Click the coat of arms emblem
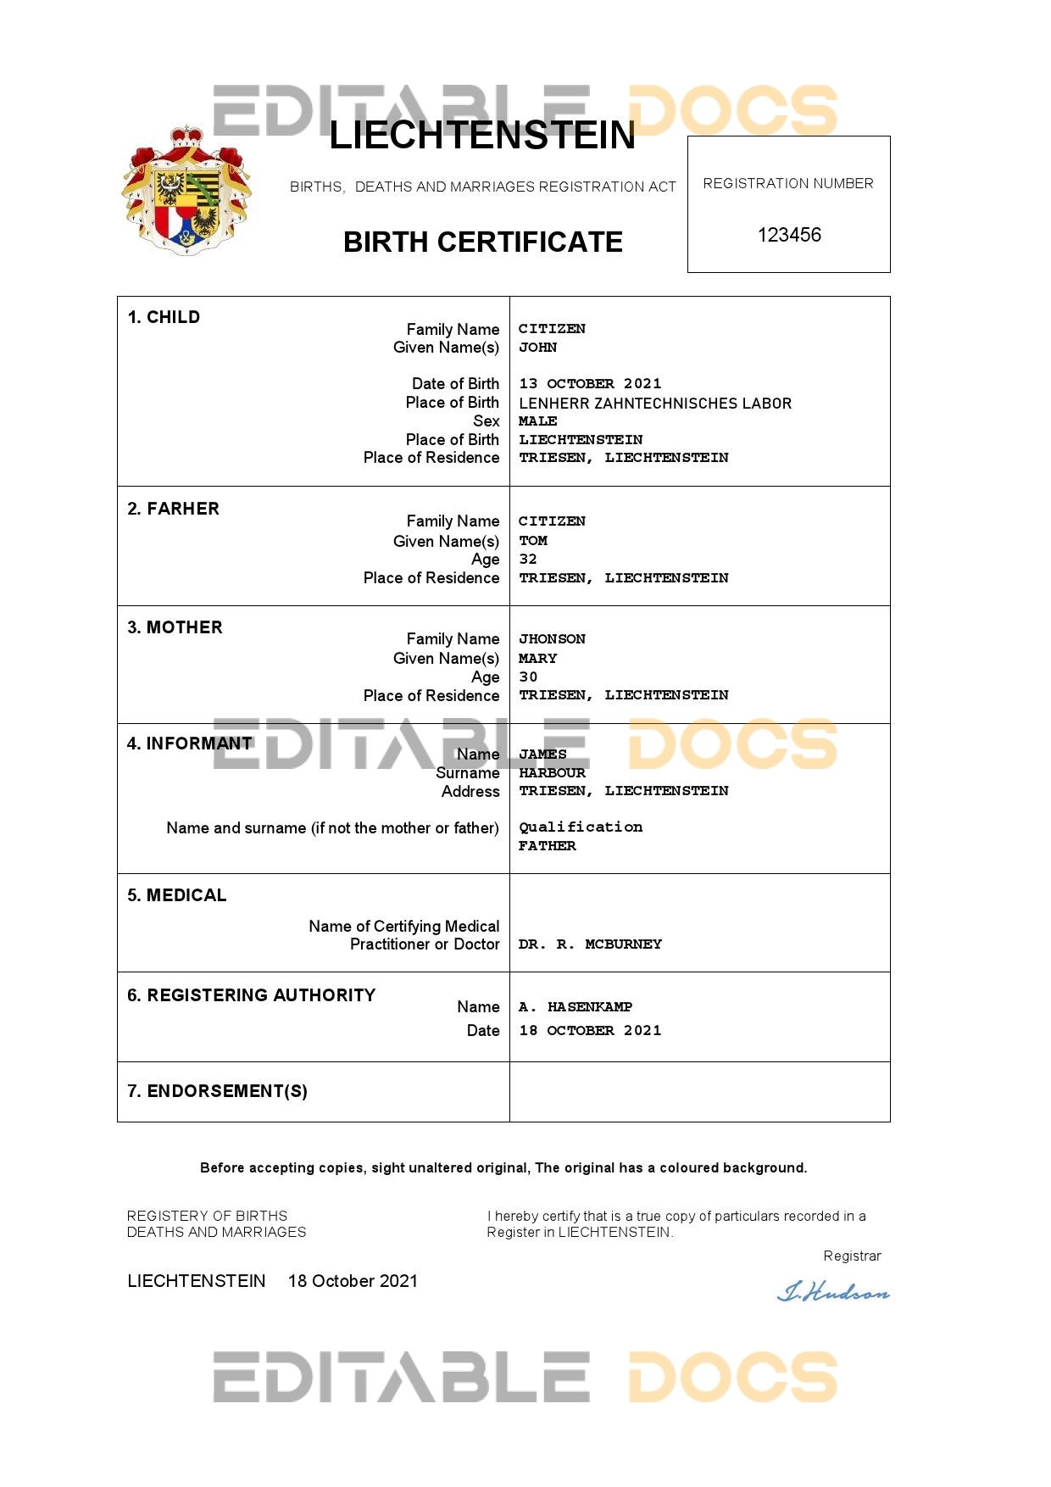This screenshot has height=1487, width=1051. coord(186,191)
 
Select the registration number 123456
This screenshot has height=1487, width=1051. coord(789,235)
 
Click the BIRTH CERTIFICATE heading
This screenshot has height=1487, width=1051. coord(482,242)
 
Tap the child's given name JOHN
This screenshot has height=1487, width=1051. coord(537,348)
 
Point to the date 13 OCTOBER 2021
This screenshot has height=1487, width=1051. coord(590,384)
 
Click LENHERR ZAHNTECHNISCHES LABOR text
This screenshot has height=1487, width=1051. coord(655,404)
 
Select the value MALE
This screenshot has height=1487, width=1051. coord(537,421)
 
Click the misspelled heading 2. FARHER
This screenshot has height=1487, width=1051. coord(173,509)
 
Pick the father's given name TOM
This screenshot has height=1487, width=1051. coord(533,541)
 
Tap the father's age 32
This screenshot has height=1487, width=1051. coord(528,560)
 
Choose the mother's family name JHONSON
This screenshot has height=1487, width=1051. coord(552,639)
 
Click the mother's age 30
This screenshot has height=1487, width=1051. coord(528,677)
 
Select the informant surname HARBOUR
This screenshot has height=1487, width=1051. coord(552,773)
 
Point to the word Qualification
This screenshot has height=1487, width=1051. coord(581,827)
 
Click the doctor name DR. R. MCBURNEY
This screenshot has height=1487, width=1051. coord(590,944)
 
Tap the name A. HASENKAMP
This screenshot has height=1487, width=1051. coord(576,1007)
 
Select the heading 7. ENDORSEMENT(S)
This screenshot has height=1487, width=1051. coord(217,1091)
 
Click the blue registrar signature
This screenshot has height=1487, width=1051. coord(834,1293)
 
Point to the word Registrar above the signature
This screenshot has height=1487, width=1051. coord(852,1256)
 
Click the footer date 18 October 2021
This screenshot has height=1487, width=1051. coord(353,1281)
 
